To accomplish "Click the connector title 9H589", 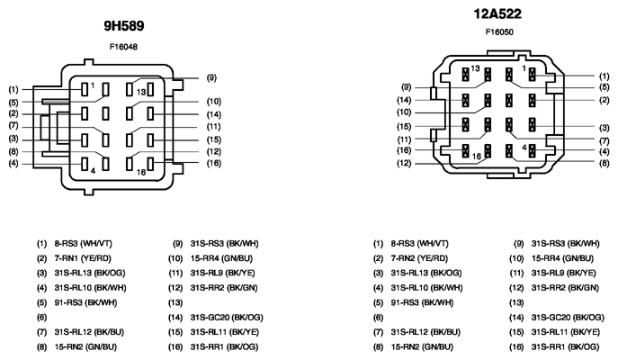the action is [x=124, y=26].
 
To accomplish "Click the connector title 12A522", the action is [x=497, y=14].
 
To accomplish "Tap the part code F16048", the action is [x=123, y=47].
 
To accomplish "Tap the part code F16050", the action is [x=499, y=31].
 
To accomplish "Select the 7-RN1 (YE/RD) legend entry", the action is [x=83, y=258].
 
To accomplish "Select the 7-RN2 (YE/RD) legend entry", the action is [x=419, y=258].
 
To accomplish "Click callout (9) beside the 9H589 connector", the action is [x=211, y=77].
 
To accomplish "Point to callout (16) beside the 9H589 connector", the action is [x=214, y=163].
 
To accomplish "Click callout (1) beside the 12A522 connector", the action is [x=605, y=76].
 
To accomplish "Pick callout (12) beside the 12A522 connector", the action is [x=404, y=163].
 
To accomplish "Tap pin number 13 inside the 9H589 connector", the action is [x=141, y=92].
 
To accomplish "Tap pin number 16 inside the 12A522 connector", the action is [x=477, y=157].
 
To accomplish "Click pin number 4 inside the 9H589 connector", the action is [x=93, y=171].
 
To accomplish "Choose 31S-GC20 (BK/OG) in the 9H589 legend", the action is [x=227, y=318].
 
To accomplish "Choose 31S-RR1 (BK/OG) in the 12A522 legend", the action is [x=565, y=347].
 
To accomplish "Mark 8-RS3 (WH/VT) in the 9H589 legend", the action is [x=83, y=244].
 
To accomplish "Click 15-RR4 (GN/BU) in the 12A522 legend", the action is [x=562, y=258].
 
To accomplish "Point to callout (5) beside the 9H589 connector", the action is [x=13, y=103].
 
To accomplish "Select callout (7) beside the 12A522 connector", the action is [x=605, y=140].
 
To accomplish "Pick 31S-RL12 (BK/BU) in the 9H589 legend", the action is [x=89, y=332].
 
